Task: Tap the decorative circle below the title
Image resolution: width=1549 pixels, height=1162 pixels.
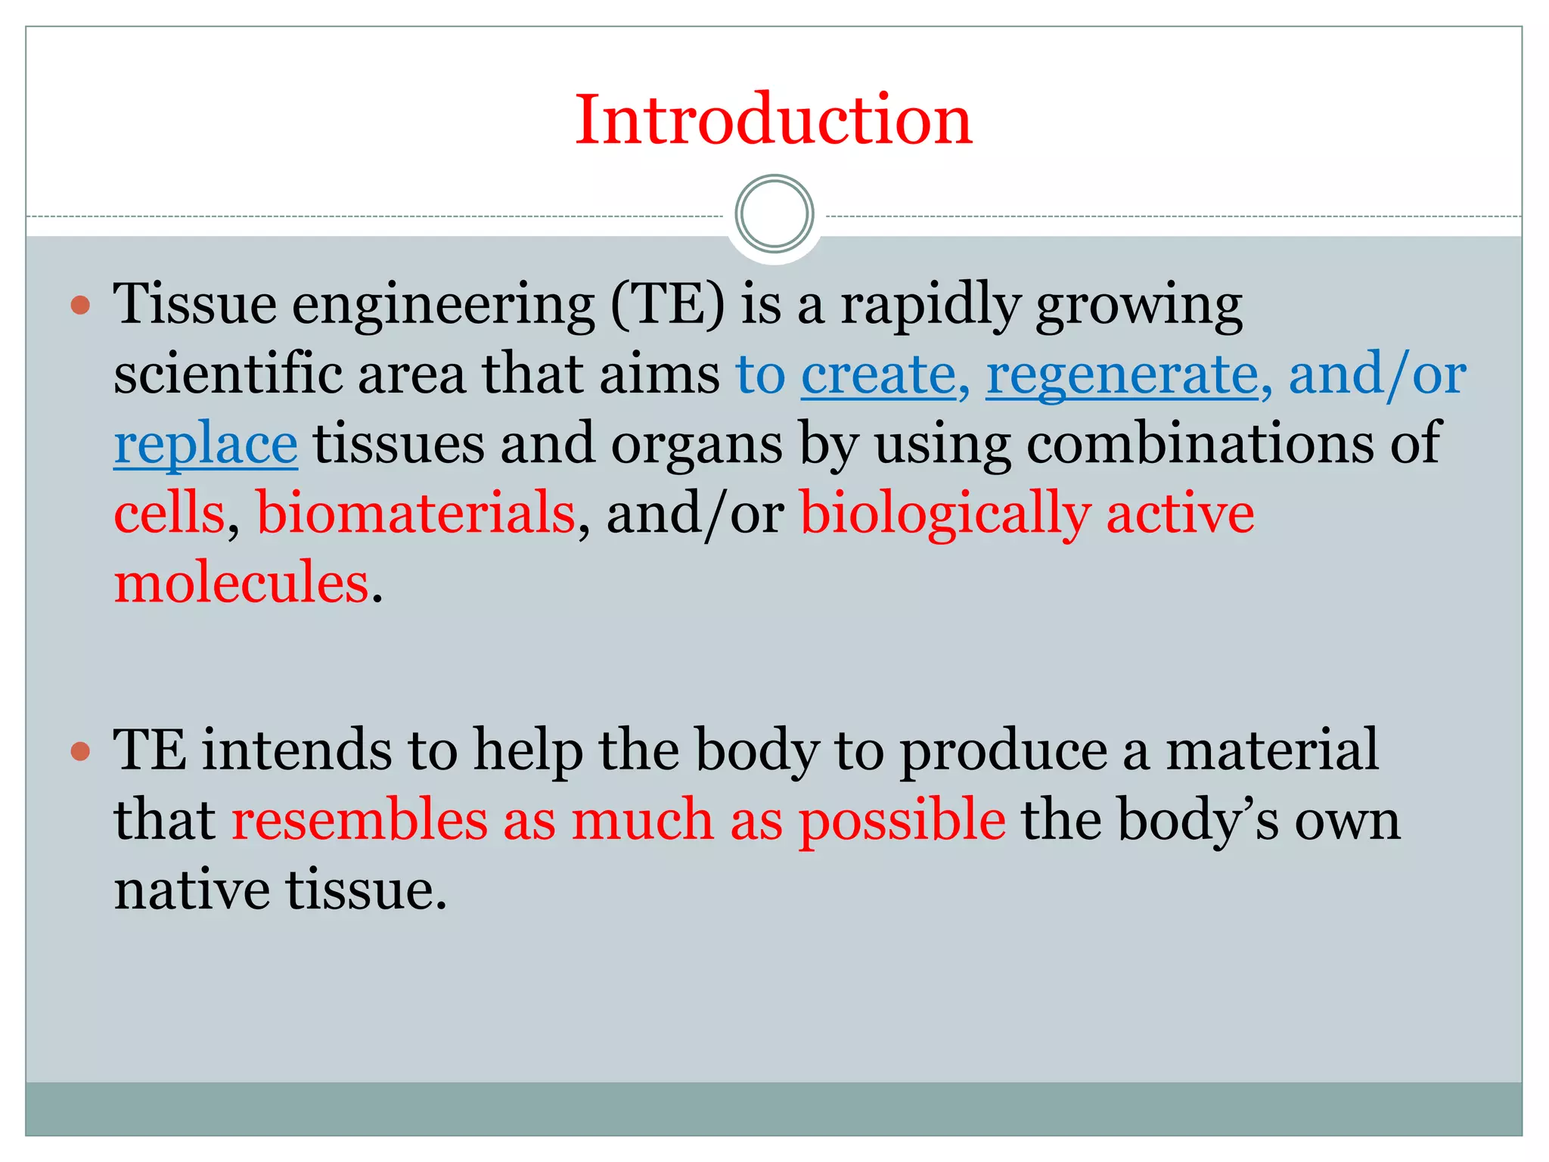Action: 774,213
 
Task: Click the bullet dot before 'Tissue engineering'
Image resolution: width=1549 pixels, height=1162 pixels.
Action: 80,306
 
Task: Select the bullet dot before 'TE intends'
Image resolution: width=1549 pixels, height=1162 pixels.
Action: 80,751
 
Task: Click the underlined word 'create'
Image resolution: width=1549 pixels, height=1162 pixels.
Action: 879,374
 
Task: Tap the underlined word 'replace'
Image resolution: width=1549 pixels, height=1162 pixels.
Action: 206,444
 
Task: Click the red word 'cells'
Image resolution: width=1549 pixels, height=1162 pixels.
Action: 169,514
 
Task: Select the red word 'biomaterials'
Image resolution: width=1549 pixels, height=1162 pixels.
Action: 416,514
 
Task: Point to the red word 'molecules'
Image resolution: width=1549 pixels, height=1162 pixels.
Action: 241,583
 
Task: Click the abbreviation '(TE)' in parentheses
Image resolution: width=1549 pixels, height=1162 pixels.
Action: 667,305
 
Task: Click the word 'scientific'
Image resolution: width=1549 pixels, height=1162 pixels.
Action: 227,374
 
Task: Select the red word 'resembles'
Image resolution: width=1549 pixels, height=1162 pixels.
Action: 359,820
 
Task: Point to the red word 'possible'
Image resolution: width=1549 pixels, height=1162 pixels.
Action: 902,820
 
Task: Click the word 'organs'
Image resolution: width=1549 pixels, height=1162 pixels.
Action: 697,444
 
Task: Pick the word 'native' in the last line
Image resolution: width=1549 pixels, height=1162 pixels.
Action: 191,890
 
